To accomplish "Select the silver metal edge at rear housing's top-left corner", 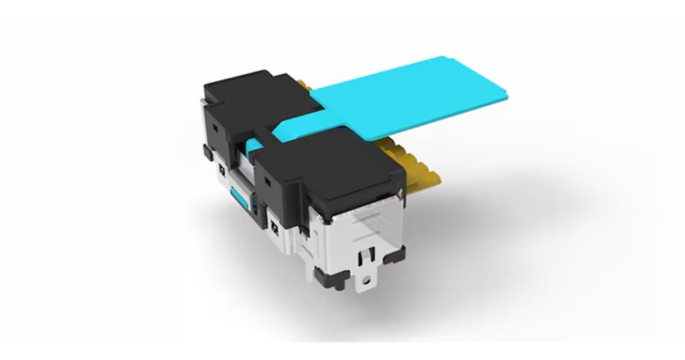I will pyautogui.click(x=203, y=100).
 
